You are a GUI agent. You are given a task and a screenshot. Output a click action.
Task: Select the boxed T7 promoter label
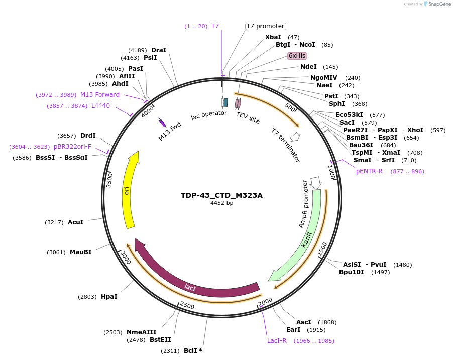[x=265, y=26]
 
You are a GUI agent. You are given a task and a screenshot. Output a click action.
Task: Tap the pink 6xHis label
[x=297, y=56]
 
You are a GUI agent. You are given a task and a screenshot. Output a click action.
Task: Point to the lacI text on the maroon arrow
[x=190, y=287]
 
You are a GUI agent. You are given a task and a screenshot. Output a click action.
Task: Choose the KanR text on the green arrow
[x=307, y=239]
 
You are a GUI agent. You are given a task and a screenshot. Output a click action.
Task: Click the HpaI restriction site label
[x=109, y=297]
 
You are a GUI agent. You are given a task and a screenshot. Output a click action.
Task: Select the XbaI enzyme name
[x=273, y=37]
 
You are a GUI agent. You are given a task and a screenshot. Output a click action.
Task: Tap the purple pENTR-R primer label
[x=369, y=171]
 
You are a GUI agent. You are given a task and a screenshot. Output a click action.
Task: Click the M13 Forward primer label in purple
[x=100, y=95]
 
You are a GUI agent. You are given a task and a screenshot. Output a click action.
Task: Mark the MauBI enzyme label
[x=80, y=252]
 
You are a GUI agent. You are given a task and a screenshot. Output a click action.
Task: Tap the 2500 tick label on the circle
[x=187, y=306]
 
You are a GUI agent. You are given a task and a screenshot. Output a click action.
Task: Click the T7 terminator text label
[x=285, y=145]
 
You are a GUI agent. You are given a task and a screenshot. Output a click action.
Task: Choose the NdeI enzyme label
[x=308, y=67]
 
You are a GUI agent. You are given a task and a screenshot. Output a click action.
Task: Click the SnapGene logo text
[x=437, y=4]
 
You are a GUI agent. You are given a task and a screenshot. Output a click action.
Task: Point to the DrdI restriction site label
[x=88, y=136]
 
